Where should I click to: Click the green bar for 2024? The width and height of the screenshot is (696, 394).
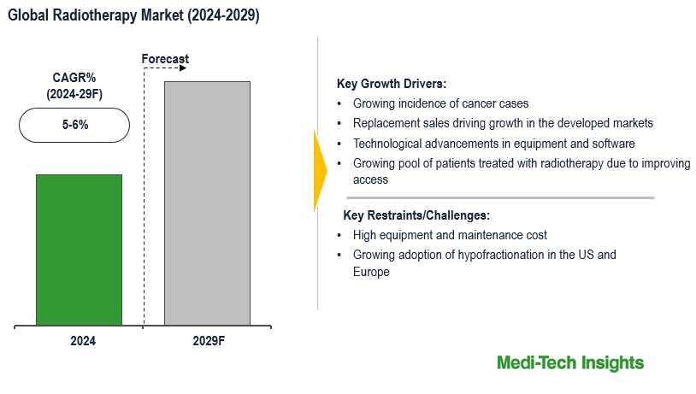pyautogui.click(x=79, y=250)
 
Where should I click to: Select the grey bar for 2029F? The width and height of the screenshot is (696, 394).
pyautogui.click(x=207, y=203)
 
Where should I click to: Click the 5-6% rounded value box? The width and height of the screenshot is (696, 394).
pyautogui.click(x=74, y=125)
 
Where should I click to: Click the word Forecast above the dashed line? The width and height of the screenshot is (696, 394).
pyautogui.click(x=164, y=59)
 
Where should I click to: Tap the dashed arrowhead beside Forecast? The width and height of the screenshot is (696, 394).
pyautogui.click(x=181, y=68)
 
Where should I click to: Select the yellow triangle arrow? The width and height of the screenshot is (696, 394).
pyautogui.click(x=320, y=169)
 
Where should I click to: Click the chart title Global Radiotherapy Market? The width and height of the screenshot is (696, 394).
pyautogui.click(x=134, y=16)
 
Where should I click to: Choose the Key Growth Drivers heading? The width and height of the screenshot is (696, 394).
pyautogui.click(x=392, y=84)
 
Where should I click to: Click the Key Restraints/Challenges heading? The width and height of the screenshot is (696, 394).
pyautogui.click(x=416, y=215)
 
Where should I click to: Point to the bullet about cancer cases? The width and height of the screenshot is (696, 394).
pyautogui.click(x=440, y=103)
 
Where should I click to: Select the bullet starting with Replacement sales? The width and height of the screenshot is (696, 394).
pyautogui.click(x=503, y=123)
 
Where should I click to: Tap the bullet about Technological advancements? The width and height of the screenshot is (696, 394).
pyautogui.click(x=493, y=143)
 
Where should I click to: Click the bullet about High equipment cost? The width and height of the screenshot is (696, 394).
pyautogui.click(x=450, y=235)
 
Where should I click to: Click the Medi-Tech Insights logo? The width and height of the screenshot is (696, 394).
pyautogui.click(x=569, y=363)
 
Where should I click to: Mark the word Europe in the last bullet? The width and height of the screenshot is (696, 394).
pyautogui.click(x=371, y=272)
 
